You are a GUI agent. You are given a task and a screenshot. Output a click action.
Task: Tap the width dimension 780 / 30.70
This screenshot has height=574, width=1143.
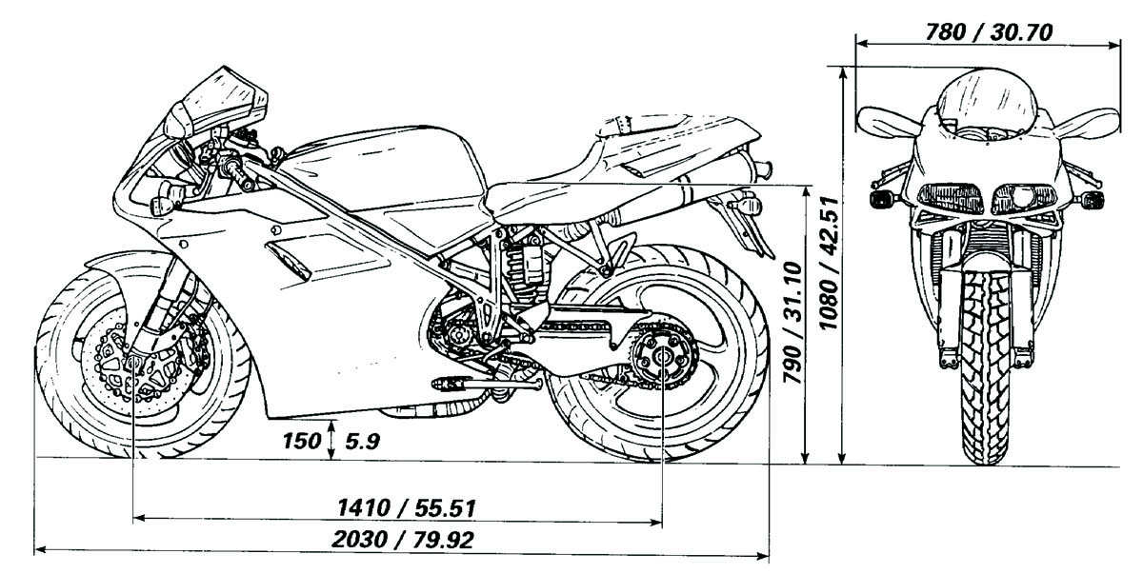pyautogui.click(x=988, y=31)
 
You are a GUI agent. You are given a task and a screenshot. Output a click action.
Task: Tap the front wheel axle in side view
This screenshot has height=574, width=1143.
pyautogui.click(x=132, y=362)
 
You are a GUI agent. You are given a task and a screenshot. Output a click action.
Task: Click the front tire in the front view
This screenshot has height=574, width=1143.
pyautogui.click(x=984, y=381)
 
